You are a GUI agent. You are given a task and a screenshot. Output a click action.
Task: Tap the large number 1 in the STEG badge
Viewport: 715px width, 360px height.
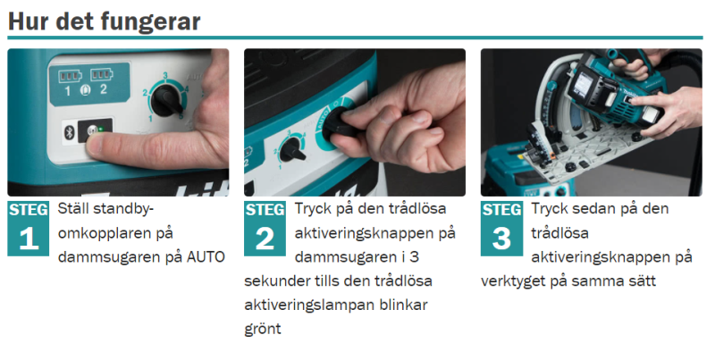point(29,238)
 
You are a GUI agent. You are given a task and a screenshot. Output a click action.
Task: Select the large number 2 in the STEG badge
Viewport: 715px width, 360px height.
point(265,238)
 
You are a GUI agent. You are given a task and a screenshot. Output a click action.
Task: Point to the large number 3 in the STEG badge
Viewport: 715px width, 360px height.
point(501,238)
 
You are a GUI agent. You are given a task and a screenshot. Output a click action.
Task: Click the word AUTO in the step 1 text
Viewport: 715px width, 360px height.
point(206,257)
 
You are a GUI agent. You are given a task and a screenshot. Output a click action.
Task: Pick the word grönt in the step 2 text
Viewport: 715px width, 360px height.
point(263,330)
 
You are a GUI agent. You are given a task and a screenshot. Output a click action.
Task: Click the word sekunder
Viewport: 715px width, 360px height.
point(273,280)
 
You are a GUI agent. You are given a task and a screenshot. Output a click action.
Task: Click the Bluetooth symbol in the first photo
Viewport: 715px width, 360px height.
point(70,131)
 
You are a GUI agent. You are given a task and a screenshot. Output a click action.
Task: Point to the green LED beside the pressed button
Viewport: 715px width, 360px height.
point(100,130)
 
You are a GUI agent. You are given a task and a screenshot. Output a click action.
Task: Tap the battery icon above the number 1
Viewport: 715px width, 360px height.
point(70,75)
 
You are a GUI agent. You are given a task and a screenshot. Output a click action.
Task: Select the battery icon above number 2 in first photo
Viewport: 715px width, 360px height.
point(101,74)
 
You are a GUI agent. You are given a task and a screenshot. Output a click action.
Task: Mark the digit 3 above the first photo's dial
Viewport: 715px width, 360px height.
point(165,75)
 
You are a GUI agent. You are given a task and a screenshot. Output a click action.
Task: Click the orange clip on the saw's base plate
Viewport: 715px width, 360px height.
point(552,155)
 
